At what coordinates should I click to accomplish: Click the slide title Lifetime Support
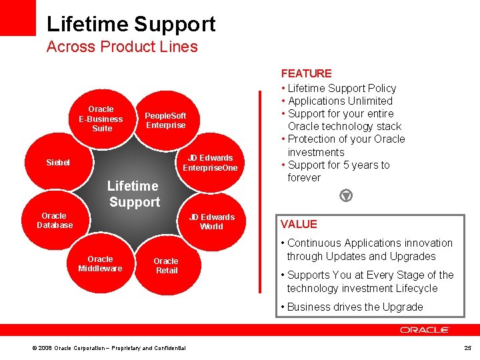(x=131, y=24)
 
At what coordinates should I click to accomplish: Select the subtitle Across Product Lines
(x=122, y=47)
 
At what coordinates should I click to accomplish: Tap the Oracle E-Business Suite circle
(x=101, y=119)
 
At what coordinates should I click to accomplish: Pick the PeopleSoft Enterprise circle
(x=166, y=120)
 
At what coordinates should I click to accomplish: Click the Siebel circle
(x=58, y=162)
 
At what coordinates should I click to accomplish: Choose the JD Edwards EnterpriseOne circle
(x=210, y=163)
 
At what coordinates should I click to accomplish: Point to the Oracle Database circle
(x=55, y=221)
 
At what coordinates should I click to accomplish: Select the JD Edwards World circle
(x=211, y=221)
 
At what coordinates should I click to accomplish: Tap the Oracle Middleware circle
(x=100, y=263)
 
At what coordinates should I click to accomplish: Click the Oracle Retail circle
(x=166, y=265)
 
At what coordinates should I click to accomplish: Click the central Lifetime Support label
(x=134, y=194)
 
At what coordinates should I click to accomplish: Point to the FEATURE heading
(x=306, y=73)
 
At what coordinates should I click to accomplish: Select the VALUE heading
(x=299, y=224)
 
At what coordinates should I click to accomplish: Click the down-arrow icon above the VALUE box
(x=346, y=196)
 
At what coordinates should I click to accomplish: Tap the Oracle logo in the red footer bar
(x=425, y=329)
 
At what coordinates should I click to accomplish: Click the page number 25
(x=467, y=347)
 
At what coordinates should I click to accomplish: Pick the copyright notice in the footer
(x=109, y=348)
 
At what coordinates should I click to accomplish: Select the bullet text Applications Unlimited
(x=340, y=101)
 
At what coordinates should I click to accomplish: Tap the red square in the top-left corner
(x=17, y=17)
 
